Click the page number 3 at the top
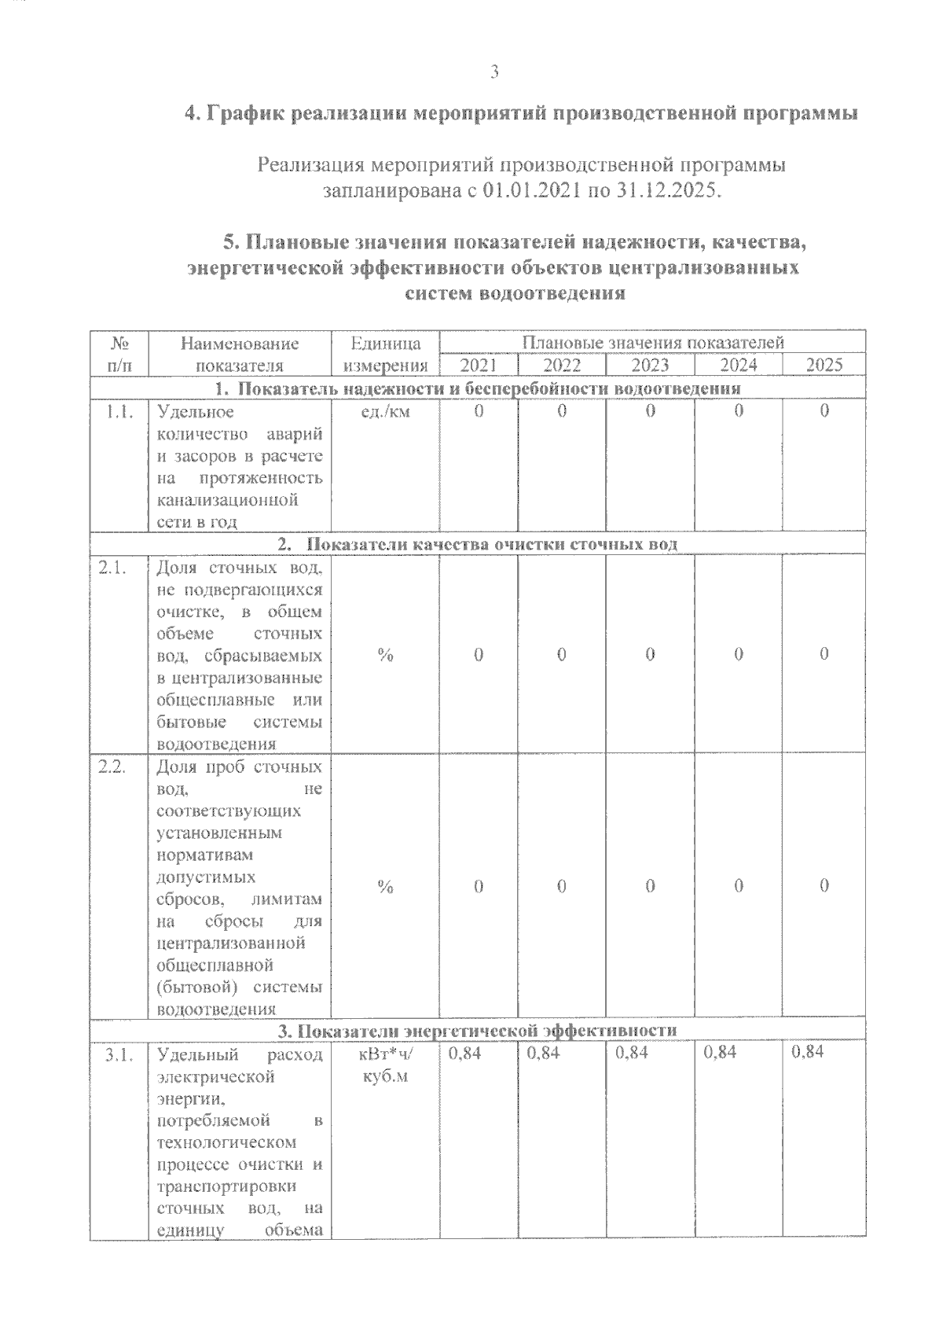[x=494, y=72]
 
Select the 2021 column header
[x=479, y=365]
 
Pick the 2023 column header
[x=651, y=365]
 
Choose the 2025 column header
[x=824, y=365]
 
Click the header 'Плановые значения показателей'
[x=653, y=343]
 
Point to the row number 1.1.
[x=119, y=411]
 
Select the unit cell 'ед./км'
[x=385, y=411]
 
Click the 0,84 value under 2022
[x=544, y=1052]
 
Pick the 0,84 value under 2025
[x=808, y=1052]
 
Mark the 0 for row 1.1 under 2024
[x=739, y=411]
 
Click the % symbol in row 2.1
[x=385, y=655]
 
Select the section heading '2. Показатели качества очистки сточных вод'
[x=478, y=545]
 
